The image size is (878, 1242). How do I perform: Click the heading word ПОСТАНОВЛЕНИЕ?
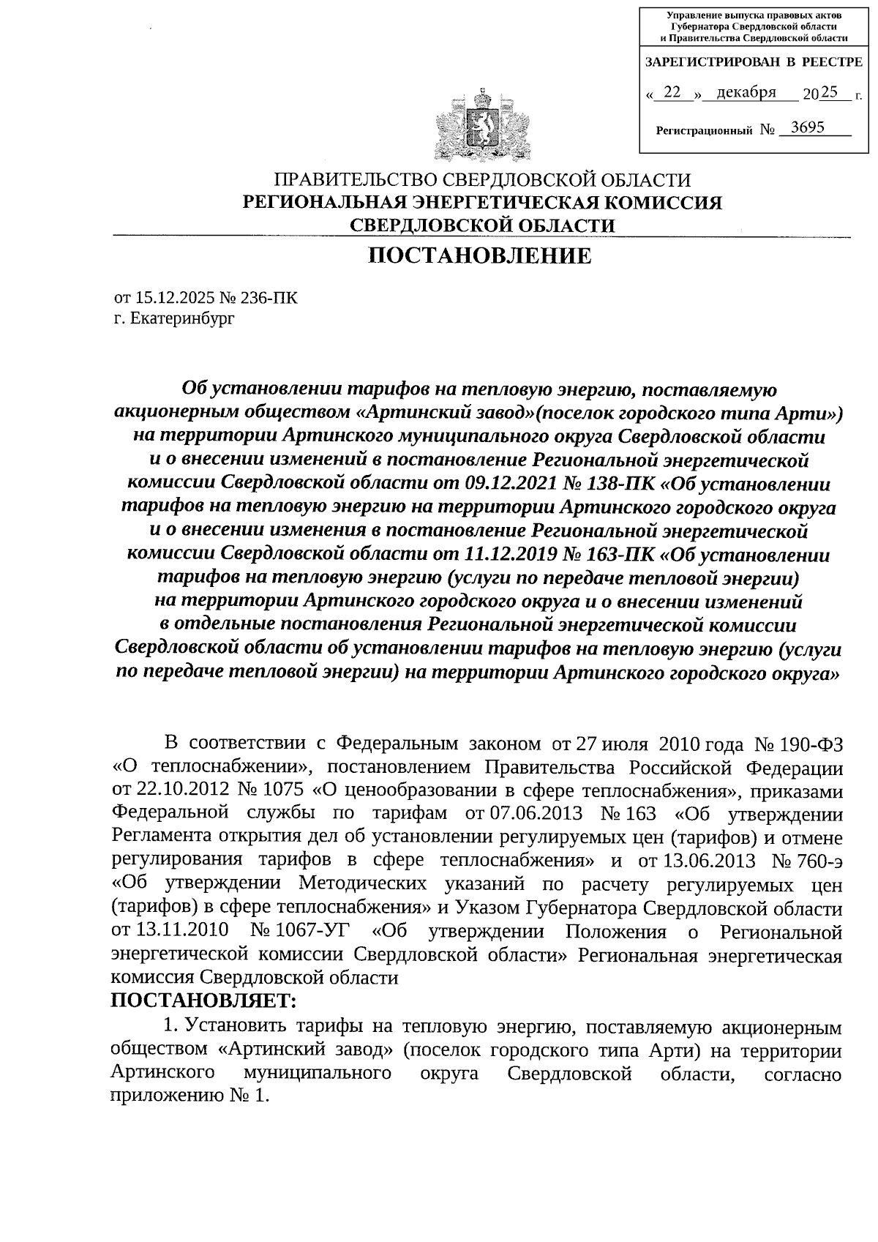(x=479, y=256)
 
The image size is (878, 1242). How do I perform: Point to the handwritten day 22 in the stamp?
(x=674, y=92)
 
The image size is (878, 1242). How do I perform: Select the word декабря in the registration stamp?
(x=746, y=92)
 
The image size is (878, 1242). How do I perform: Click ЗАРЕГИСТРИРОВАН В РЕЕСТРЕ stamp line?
(x=753, y=63)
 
